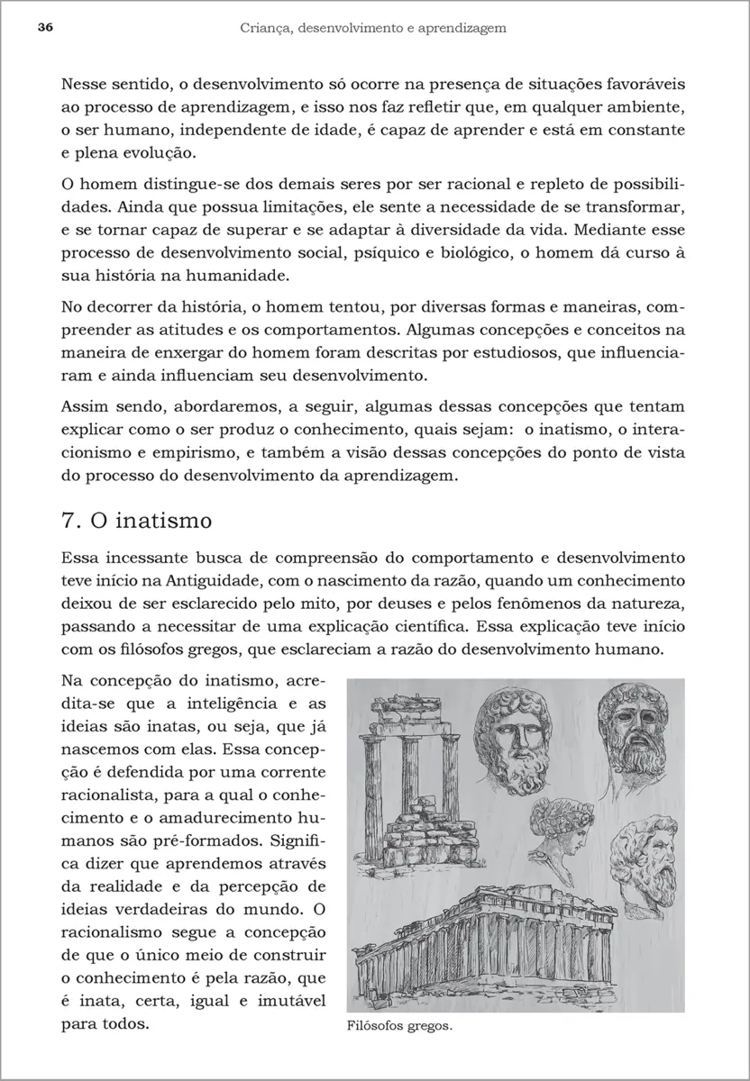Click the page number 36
click(x=45, y=28)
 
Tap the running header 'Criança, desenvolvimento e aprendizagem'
click(x=373, y=28)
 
